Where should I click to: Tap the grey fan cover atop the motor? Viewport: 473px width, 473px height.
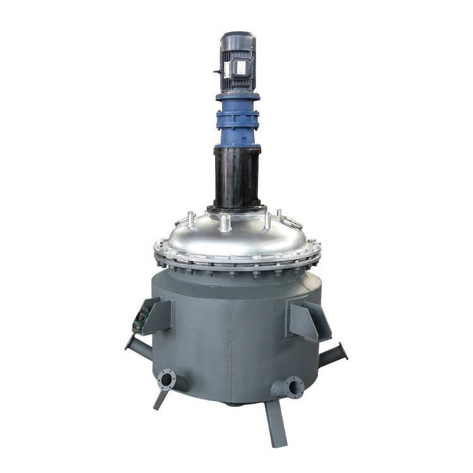coord(237,42)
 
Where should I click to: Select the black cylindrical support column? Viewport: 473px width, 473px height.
coord(237,177)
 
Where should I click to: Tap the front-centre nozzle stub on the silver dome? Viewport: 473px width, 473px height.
coord(224,219)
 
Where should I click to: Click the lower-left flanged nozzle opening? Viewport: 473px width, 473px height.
coord(166,380)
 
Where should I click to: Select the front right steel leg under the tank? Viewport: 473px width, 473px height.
coord(276,423)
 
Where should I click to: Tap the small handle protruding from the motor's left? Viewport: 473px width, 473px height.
coord(216,74)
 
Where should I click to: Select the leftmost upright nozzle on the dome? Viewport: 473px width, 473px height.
coord(187,221)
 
